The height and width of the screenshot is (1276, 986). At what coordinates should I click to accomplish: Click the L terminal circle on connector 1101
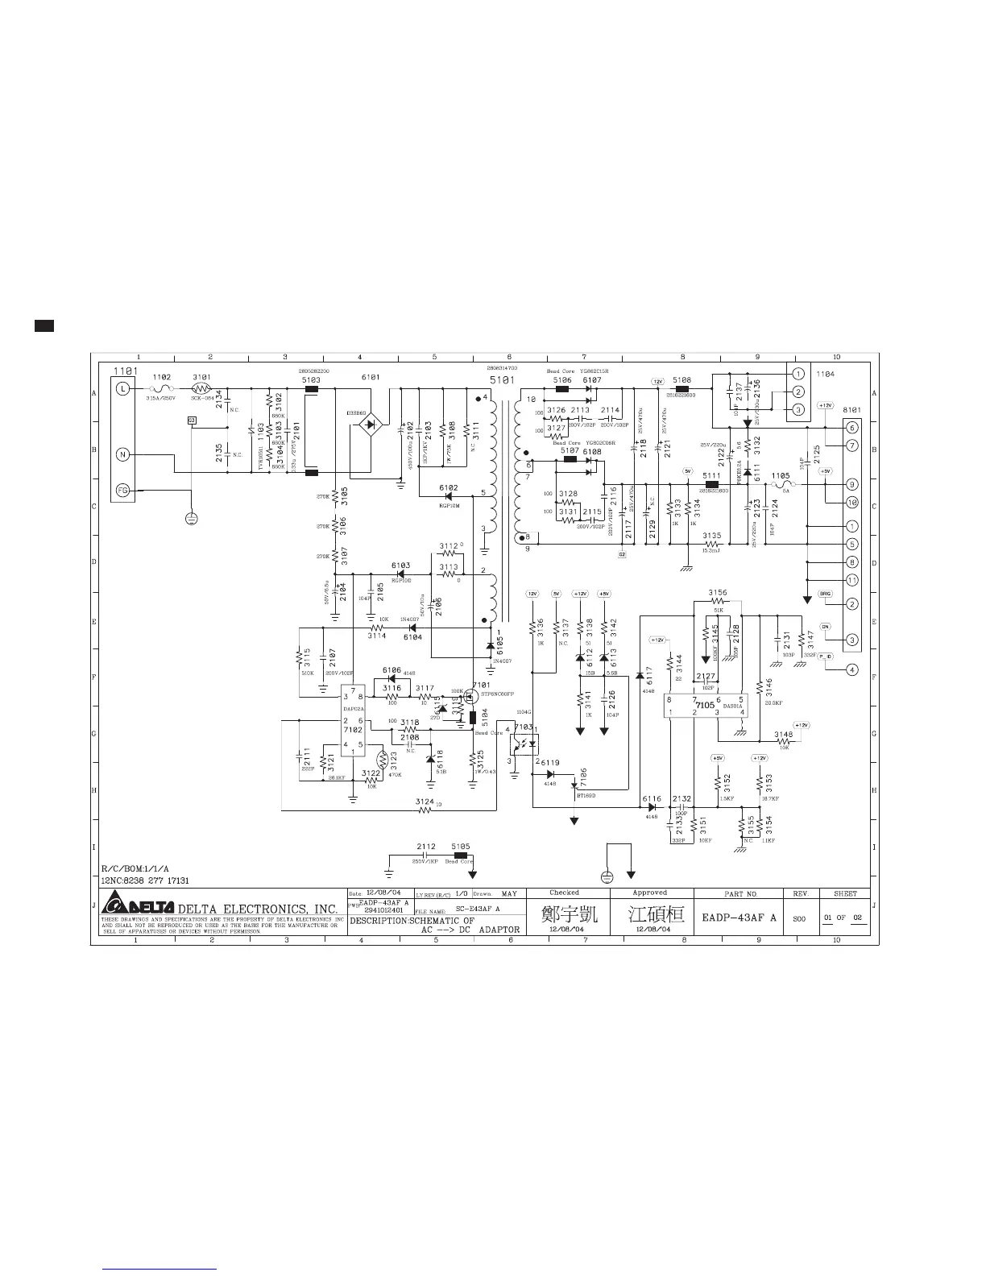coord(123,389)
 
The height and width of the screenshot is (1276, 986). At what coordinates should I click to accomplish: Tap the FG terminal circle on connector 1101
coord(123,489)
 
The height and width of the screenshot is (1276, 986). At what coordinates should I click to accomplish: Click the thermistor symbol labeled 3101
coord(201,389)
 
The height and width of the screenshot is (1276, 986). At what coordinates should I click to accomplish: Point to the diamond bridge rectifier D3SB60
coord(370,424)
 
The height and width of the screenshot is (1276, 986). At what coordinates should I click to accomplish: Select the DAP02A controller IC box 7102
coord(353,720)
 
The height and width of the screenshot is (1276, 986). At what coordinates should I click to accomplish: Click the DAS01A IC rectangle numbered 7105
coord(706,706)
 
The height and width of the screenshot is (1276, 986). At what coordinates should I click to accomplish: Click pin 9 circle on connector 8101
coord(852,485)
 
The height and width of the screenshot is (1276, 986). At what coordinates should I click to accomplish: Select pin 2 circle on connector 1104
coord(797,391)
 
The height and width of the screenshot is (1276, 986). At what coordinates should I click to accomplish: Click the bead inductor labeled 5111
coord(711,484)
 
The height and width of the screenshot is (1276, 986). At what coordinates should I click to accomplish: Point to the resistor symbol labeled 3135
coord(711,545)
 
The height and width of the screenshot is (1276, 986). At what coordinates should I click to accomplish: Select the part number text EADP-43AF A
coord(739,917)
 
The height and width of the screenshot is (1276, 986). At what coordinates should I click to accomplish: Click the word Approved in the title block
coord(649,893)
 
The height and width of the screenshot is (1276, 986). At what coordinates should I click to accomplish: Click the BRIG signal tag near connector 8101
coord(825,594)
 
